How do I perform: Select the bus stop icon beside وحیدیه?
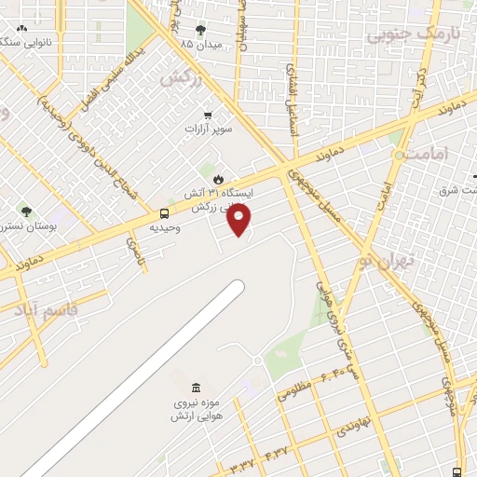tap(165, 213)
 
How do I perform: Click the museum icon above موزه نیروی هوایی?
tap(195, 388)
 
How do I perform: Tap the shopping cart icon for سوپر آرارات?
tap(208, 115)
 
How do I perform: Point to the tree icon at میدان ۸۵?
tap(200, 30)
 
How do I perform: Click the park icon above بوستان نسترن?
tap(26, 211)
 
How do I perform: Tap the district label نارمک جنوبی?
tap(402, 35)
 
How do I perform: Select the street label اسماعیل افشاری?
tap(292, 96)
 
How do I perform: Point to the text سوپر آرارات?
tap(209, 129)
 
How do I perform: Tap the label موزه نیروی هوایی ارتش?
tap(195, 409)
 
